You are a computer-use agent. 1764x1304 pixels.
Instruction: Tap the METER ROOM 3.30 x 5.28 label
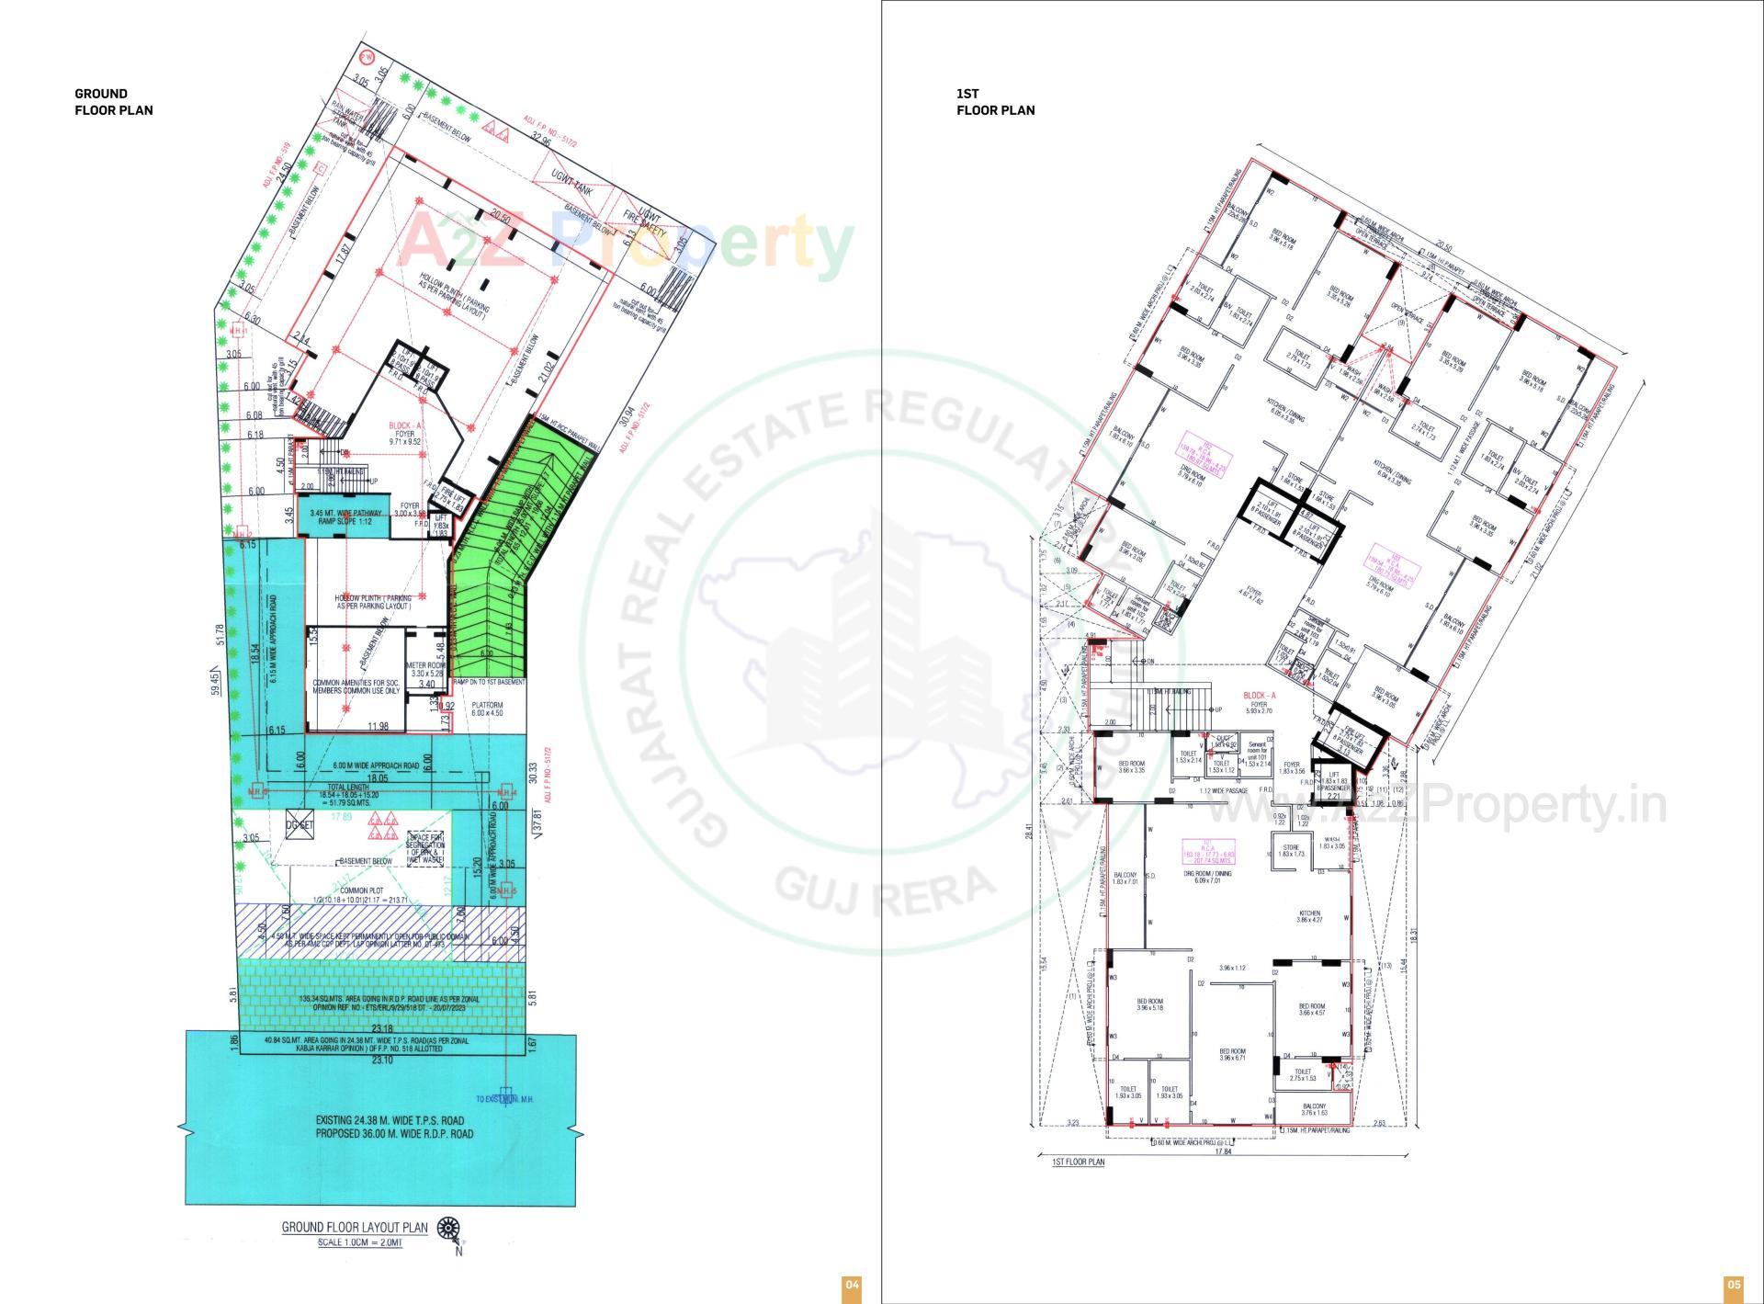(425, 669)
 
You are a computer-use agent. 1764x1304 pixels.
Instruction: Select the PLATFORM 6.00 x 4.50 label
(487, 709)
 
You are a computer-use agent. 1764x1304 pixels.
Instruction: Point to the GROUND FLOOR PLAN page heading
(113, 102)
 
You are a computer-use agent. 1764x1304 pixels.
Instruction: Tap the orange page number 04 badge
(851, 1285)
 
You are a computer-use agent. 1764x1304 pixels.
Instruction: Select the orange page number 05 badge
(1733, 1285)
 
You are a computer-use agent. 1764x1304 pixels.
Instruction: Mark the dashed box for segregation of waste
(426, 847)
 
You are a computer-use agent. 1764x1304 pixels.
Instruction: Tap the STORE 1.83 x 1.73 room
(1291, 851)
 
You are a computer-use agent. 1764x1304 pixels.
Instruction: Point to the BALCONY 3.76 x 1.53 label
(1314, 1109)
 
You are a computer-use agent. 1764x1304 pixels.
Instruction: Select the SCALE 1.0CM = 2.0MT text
(360, 1242)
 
